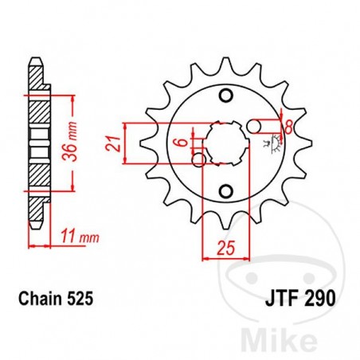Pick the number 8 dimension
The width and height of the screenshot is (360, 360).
pos(288,126)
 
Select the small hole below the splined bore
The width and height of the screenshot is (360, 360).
pos(225,190)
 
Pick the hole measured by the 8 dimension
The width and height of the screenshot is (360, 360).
pos(254,126)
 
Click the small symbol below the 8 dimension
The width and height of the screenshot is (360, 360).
pos(268,145)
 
